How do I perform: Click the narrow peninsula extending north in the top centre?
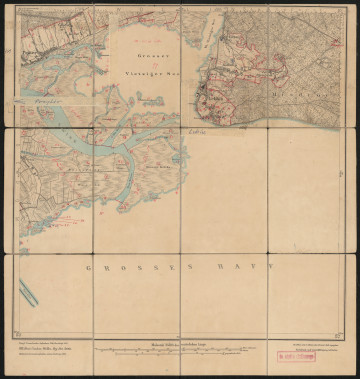pos(211,40)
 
